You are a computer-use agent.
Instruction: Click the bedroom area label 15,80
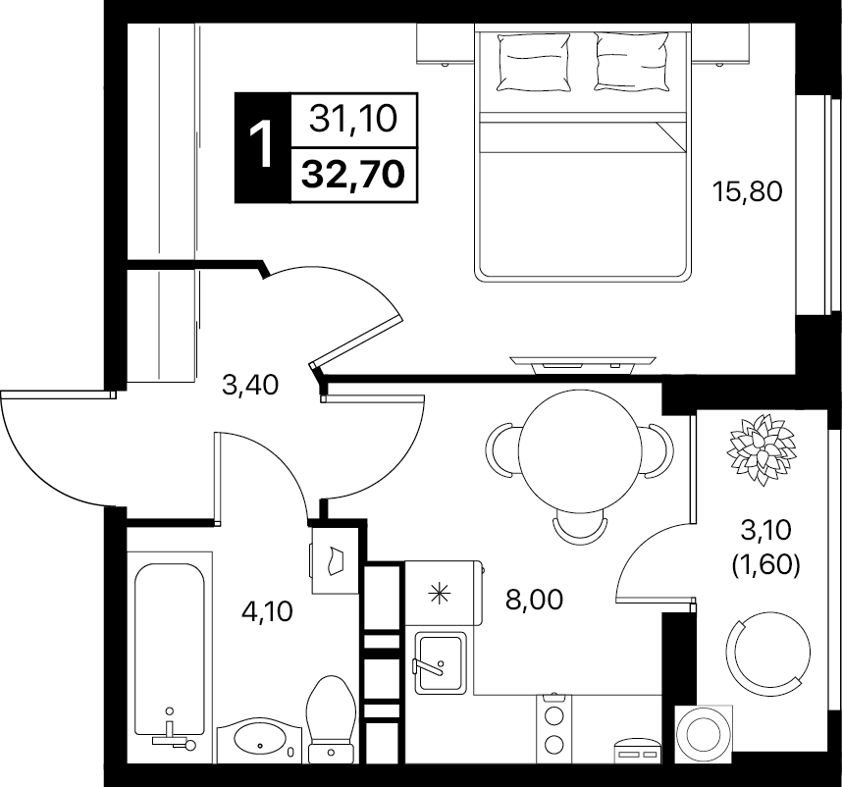tap(747, 191)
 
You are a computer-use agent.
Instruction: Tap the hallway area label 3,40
tap(250, 385)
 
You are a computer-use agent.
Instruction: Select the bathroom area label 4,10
tap(268, 611)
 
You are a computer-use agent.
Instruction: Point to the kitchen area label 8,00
tap(534, 599)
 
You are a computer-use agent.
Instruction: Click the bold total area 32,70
tap(353, 175)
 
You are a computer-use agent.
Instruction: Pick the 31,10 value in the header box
tap(353, 119)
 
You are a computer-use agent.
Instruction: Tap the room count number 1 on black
tap(263, 144)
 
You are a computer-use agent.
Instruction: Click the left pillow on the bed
tap(533, 62)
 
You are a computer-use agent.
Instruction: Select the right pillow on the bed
tap(632, 61)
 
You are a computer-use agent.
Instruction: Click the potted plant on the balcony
tap(761, 449)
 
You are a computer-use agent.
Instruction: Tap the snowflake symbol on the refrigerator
tap(439, 594)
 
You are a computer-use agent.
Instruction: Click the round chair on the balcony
tap(767, 653)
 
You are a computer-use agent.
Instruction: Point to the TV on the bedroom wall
tap(583, 363)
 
